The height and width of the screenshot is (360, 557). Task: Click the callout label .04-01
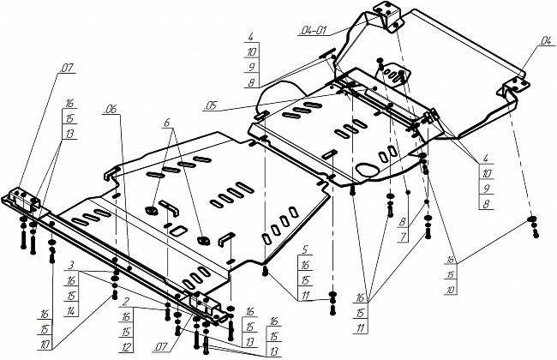[313, 31]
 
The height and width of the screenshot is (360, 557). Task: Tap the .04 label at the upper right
[544, 41]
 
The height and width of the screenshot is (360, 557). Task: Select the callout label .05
[210, 106]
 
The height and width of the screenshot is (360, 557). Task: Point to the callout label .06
[110, 110]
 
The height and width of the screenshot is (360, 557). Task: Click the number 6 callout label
[167, 123]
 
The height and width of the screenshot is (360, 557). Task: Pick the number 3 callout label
[71, 265]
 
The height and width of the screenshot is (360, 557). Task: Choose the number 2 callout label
[125, 302]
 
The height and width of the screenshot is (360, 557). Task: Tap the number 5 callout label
[304, 249]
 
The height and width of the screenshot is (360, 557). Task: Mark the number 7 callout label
[403, 237]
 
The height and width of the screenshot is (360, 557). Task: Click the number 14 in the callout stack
[71, 311]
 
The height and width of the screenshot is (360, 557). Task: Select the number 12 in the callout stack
[127, 347]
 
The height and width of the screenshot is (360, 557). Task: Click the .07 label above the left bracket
[67, 69]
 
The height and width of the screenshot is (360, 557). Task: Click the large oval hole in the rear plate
[368, 171]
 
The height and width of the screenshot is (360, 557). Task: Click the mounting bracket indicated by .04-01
[387, 16]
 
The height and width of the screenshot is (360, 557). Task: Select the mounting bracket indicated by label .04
[513, 88]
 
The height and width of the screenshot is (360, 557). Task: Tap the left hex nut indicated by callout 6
[152, 210]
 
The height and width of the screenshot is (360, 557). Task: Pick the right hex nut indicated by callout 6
[204, 240]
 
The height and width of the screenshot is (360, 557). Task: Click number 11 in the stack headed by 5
[305, 296]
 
